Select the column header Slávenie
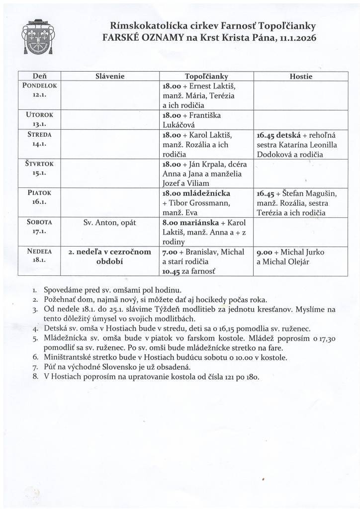click(109, 77)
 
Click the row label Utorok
click(40, 115)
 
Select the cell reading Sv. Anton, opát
click(109, 222)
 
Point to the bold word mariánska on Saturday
click(201, 222)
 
